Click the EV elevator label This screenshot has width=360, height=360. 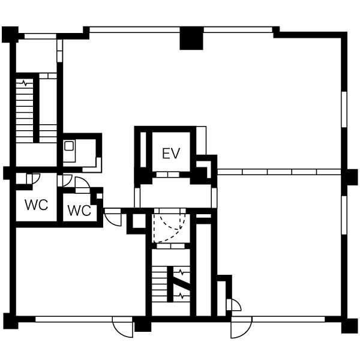(x=171, y=154)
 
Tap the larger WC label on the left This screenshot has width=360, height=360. (x=37, y=205)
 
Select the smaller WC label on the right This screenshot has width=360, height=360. (x=79, y=211)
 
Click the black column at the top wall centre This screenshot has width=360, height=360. (x=191, y=38)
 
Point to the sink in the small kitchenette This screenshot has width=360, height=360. (x=69, y=146)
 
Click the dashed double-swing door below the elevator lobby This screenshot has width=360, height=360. (x=170, y=228)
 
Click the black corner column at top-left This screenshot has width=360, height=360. (x=10, y=35)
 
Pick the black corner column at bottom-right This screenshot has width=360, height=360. (x=349, y=326)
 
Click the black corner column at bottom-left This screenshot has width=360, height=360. (x=11, y=321)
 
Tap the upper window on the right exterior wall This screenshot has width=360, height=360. (x=344, y=109)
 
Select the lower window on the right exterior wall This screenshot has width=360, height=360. (x=344, y=215)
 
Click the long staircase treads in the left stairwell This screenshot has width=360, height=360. (x=25, y=110)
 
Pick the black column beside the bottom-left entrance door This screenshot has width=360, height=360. (x=143, y=324)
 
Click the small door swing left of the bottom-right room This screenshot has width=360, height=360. (x=236, y=304)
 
